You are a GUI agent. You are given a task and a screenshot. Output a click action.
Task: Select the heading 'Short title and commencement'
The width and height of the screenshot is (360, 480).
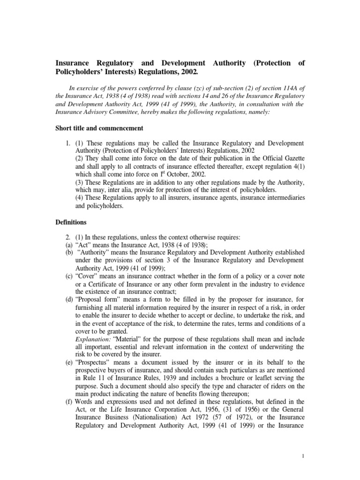point(99,127)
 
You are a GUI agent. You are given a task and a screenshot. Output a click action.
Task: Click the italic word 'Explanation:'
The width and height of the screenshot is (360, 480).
point(92,339)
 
